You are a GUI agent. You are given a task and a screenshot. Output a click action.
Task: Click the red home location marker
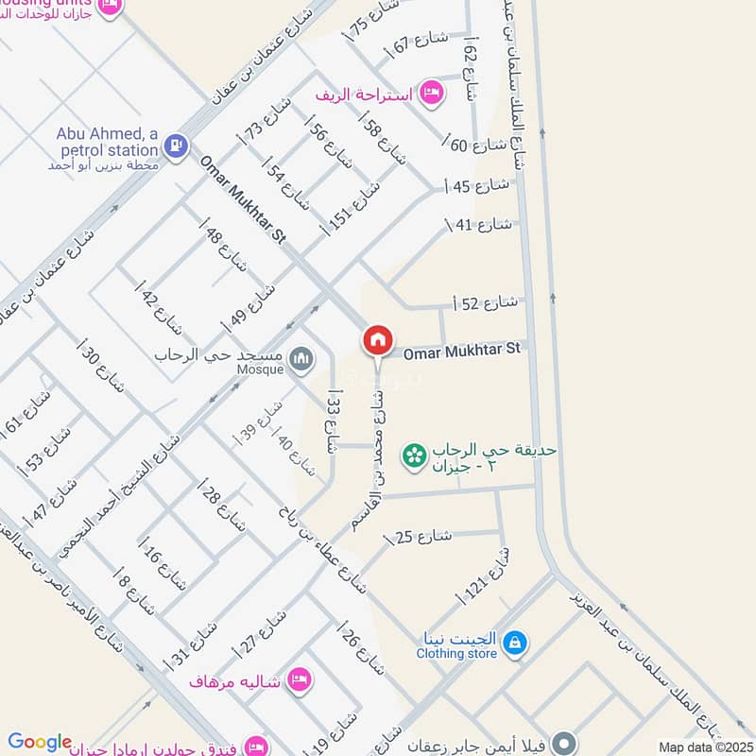click(378, 340)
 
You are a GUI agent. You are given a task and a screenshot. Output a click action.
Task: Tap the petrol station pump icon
click(175, 146)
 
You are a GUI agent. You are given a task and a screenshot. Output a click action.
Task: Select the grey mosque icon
click(301, 358)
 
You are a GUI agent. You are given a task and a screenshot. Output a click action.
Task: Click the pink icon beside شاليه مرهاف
click(300, 680)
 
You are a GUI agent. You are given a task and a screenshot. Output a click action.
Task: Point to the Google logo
click(39, 743)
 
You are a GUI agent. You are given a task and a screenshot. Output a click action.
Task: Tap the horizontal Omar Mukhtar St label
click(462, 351)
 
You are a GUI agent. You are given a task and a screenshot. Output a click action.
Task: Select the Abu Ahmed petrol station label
click(107, 143)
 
